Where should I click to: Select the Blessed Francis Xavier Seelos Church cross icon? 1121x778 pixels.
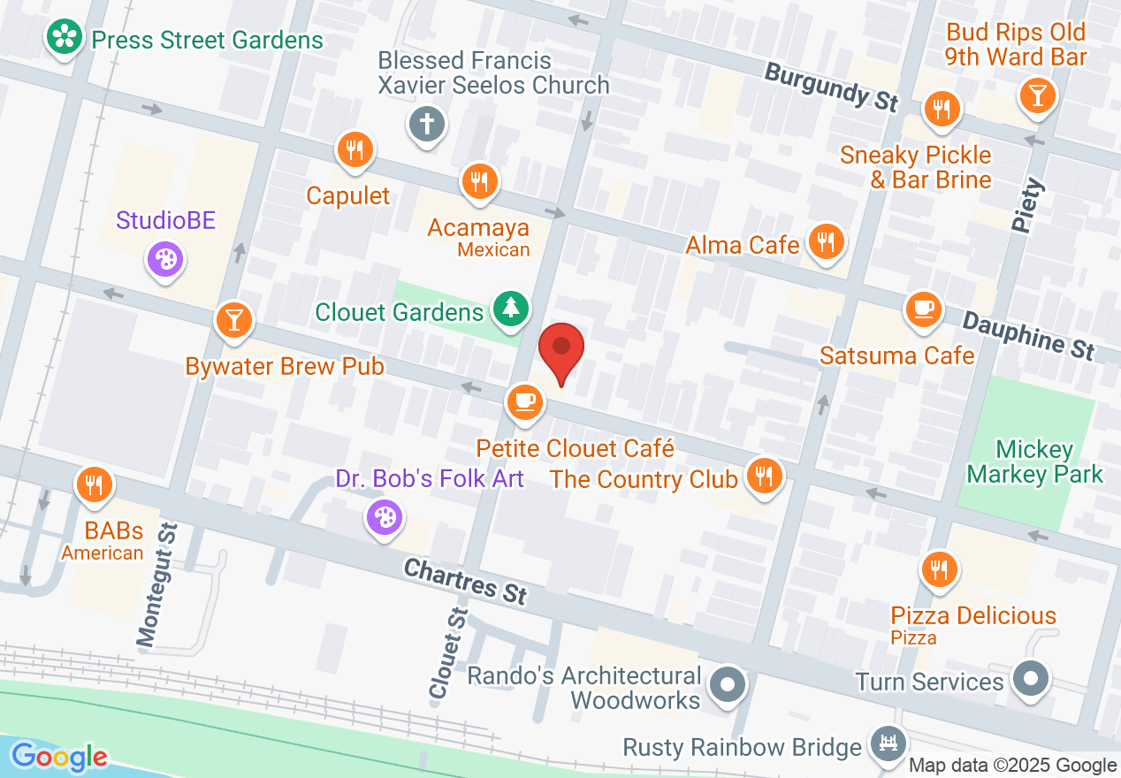426,123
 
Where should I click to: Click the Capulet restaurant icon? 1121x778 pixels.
355,149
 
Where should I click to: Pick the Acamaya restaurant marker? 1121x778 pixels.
479,182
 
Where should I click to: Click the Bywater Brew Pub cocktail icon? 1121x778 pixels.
234,319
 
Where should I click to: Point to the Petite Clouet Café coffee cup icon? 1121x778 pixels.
525,400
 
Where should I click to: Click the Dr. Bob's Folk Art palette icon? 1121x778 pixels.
385,518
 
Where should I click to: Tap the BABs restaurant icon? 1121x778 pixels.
92,484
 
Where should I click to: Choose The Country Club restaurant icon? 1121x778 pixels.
762,476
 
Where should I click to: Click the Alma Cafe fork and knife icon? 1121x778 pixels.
827,240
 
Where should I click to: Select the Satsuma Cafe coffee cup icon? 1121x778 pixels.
923,309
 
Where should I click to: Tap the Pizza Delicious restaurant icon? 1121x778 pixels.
938,569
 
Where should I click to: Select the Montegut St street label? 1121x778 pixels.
157,583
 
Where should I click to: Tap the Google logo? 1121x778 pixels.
59,756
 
